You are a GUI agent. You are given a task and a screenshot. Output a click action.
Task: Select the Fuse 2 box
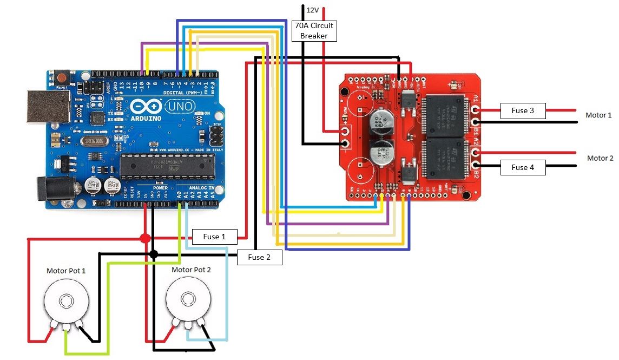(259, 257)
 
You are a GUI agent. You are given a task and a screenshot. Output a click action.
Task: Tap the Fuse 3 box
(523, 110)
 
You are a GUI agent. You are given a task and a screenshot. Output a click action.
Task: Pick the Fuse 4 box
(523, 167)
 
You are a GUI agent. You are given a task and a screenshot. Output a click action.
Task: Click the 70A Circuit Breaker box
(314, 30)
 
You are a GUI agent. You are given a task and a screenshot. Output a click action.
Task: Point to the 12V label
(313, 10)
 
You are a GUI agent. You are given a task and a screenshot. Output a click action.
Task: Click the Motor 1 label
(598, 115)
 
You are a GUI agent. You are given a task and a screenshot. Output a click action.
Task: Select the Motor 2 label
(600, 158)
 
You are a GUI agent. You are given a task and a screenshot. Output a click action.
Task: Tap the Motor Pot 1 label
(66, 270)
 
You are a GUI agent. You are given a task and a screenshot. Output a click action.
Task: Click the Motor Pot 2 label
(191, 269)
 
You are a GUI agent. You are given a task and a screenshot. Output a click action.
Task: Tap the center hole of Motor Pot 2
(188, 298)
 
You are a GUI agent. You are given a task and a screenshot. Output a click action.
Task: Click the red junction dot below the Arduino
(145, 239)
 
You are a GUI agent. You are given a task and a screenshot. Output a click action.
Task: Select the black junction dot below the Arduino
(154, 254)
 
